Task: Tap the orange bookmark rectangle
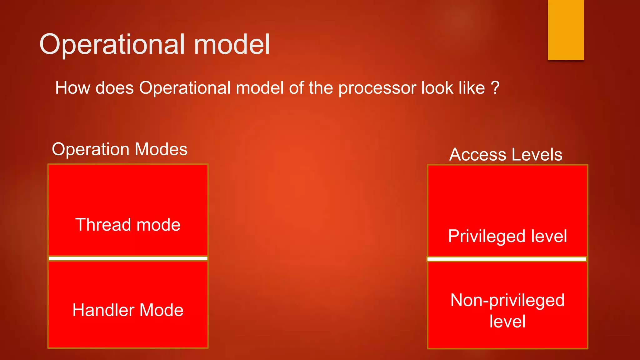coord(566,30)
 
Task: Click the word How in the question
coord(72,88)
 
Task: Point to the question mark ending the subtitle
coord(495,88)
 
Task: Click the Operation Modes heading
coord(120,149)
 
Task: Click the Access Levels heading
coord(506,155)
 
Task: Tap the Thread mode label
coord(128,225)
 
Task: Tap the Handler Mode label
coord(128,310)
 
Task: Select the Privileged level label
coord(507,236)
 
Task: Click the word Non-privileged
coord(507,300)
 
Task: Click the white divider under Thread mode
coord(128,258)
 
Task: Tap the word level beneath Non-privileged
coord(507,322)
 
